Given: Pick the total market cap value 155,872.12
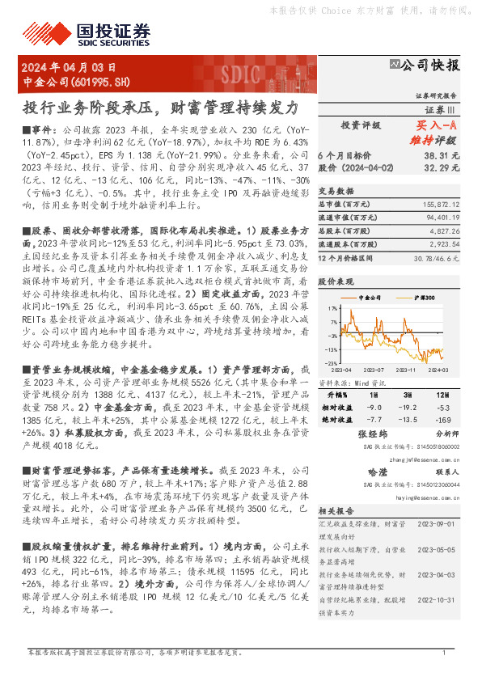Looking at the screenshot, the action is [440, 205].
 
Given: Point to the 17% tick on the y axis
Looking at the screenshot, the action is [332, 309].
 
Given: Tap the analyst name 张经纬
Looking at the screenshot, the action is [368, 434].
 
